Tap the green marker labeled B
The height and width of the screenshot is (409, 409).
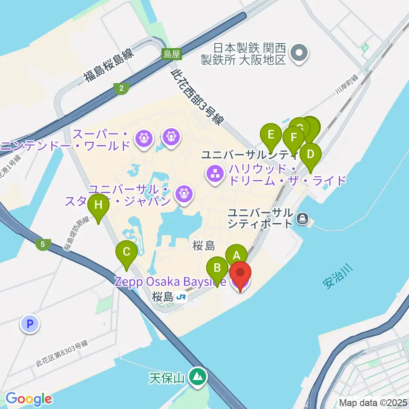217,268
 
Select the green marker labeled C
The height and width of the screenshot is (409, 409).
127,251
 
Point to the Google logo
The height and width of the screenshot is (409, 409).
29,399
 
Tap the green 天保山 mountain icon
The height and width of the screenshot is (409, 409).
197,377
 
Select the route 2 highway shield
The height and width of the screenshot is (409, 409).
122,89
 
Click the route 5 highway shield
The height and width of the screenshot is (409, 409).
43,245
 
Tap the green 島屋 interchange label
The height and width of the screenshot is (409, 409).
172,54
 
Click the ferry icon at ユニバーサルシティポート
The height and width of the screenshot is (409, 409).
302,219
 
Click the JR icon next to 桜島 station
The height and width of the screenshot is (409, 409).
181,297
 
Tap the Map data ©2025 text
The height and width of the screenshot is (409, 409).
372,402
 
